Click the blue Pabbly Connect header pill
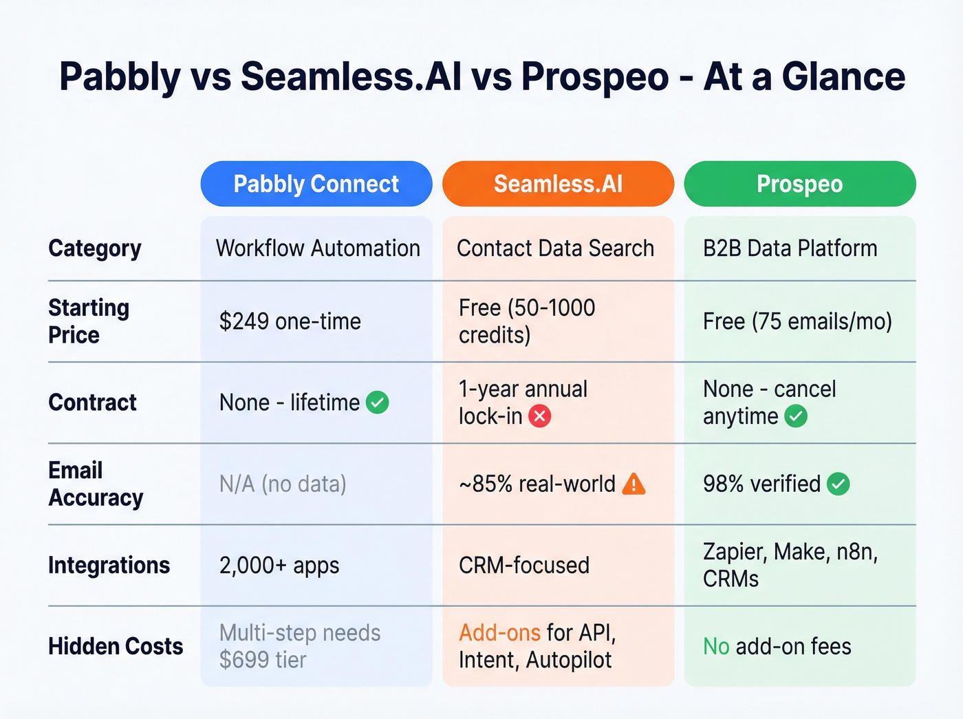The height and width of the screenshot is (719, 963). point(316,184)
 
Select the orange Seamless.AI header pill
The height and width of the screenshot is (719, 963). point(558,184)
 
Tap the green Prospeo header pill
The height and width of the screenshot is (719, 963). point(799,184)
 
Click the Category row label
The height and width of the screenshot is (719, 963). point(95,248)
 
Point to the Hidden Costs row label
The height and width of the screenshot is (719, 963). point(116,646)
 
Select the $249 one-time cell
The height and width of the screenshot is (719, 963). point(290,321)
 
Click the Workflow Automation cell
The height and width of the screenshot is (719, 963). point(318,248)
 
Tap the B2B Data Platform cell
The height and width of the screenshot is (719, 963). point(790,248)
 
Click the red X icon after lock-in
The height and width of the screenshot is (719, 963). point(540,416)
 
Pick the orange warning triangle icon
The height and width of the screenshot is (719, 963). point(634,484)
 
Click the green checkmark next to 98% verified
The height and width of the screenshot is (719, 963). point(838,484)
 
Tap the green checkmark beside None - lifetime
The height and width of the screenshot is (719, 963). point(378,403)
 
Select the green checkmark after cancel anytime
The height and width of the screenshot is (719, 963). point(796,416)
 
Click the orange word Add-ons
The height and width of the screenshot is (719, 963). point(499,632)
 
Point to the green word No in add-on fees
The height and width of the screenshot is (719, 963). point(716,646)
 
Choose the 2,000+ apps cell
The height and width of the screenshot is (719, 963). point(279,566)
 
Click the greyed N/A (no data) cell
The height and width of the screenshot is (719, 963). point(283,484)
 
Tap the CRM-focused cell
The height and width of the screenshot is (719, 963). point(524,566)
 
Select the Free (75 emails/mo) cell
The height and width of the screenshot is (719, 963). point(797,321)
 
